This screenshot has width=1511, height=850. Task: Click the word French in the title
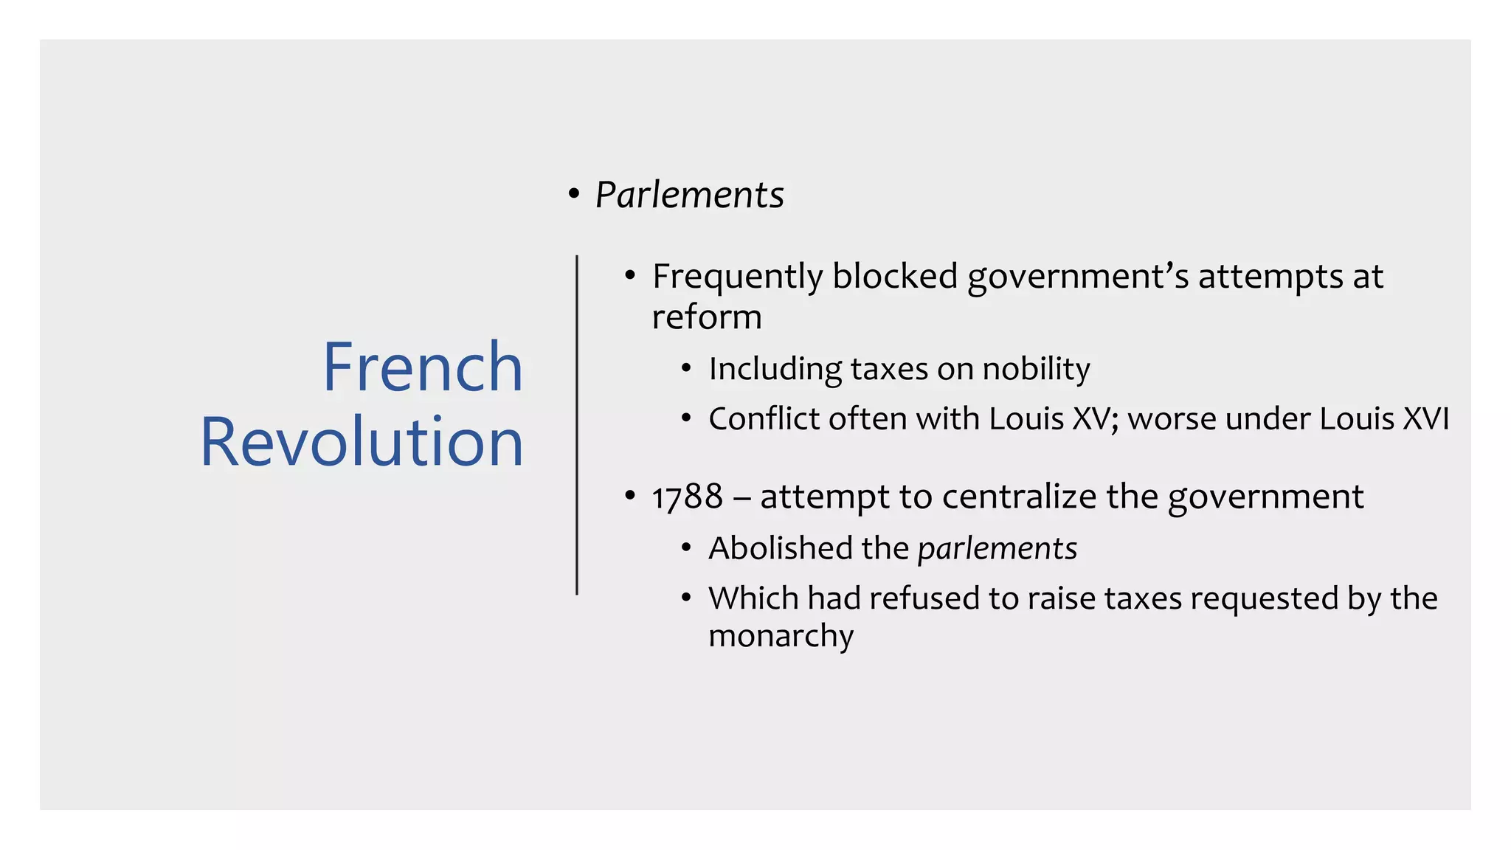(423, 367)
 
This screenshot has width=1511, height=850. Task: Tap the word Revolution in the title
(362, 442)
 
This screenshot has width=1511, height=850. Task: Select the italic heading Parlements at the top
(689, 196)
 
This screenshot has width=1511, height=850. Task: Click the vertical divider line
(577, 424)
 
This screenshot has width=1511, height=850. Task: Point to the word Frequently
(737, 277)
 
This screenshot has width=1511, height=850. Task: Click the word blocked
(895, 277)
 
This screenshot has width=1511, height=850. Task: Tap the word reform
(706, 317)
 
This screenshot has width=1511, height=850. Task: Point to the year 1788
(687, 497)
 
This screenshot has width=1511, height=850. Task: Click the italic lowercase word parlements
(997, 548)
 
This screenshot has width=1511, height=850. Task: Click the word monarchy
(781, 636)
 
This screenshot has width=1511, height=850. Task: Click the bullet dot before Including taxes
(686, 367)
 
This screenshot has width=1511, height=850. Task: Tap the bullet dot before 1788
(629, 495)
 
